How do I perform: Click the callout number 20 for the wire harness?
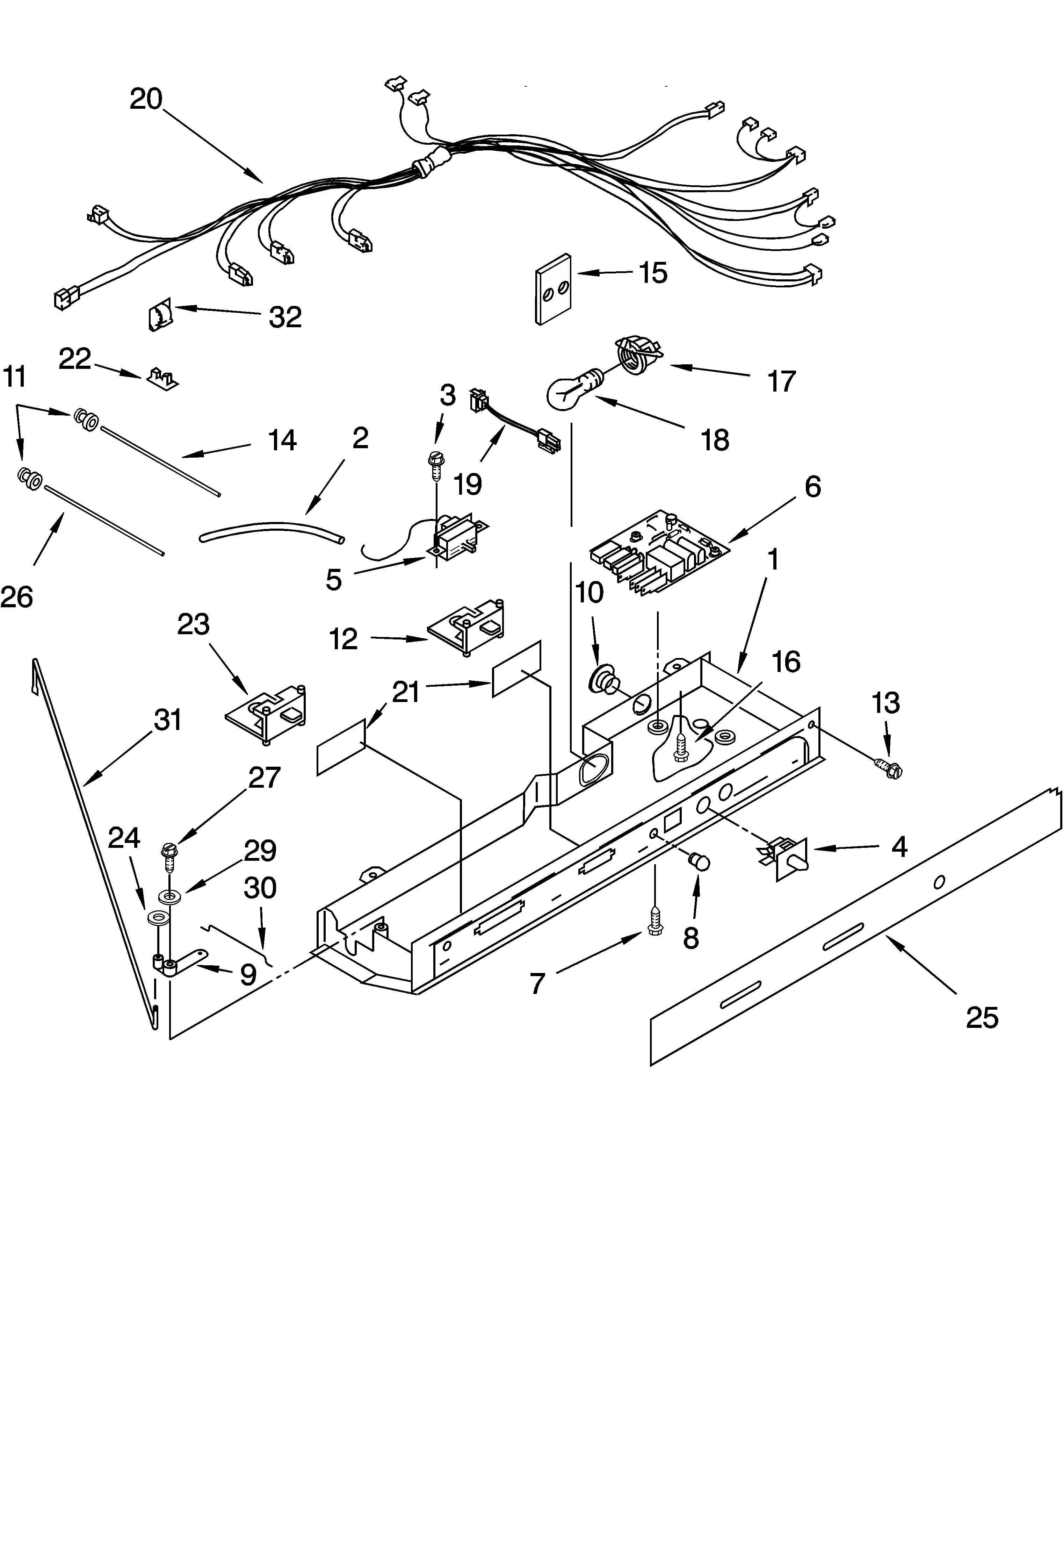pos(146,99)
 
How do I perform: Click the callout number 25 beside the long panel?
pos(982,1018)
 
